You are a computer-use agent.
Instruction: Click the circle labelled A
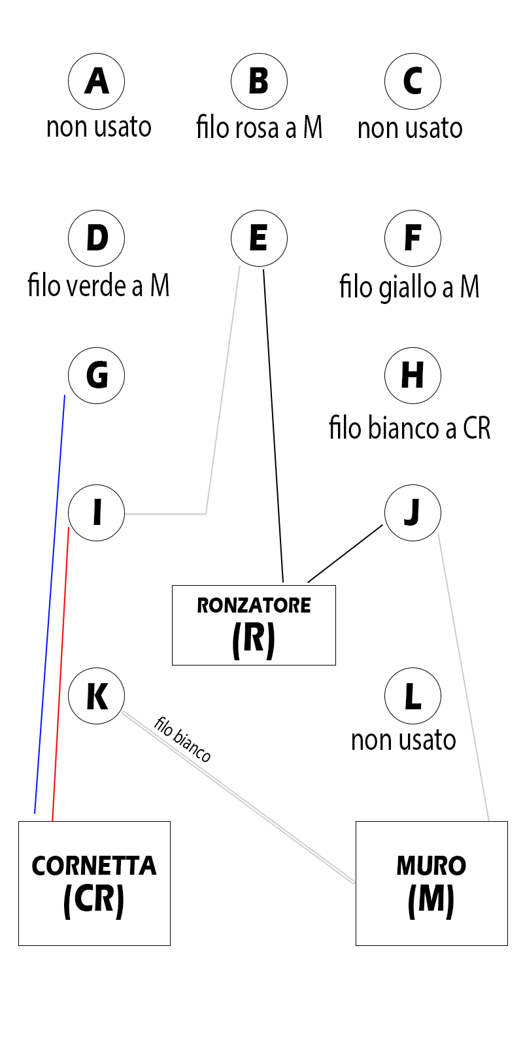click(x=97, y=81)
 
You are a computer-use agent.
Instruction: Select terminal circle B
click(x=259, y=81)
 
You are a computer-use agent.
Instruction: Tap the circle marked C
click(x=413, y=81)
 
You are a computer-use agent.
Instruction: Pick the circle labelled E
click(x=259, y=238)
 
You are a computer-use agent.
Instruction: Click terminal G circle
click(x=97, y=375)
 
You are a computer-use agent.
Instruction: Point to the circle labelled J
click(x=413, y=513)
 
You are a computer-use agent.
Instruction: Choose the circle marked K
click(x=97, y=696)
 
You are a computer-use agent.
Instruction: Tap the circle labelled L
click(x=413, y=696)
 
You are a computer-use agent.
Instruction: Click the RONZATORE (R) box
click(x=254, y=625)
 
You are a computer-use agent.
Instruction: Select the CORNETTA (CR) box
click(x=94, y=883)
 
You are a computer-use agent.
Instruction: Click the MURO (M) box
click(x=431, y=883)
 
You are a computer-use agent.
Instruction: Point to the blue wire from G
click(x=50, y=601)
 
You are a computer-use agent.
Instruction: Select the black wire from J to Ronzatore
click(x=345, y=553)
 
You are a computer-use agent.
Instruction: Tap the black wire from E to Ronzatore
click(x=273, y=425)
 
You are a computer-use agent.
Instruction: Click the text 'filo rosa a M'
click(x=260, y=127)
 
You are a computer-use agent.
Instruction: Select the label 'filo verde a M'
click(x=99, y=286)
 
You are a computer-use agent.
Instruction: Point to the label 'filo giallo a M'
click(x=409, y=287)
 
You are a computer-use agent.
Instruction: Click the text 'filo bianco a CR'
click(x=409, y=428)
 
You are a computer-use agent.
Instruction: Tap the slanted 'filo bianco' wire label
click(x=182, y=739)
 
